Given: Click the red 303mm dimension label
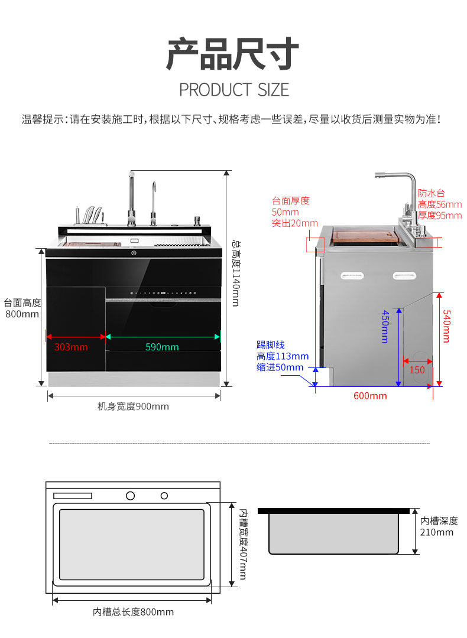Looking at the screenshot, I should point(71,347).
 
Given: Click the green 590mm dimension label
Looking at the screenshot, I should point(162,347).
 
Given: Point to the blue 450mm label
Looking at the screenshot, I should point(385,327).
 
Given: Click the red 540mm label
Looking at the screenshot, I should point(446,326).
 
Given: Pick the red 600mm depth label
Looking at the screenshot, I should point(370,395).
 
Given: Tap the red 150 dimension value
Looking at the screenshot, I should point(417,370).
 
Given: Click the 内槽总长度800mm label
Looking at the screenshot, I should point(133,612).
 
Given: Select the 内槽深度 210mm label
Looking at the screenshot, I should point(439,526).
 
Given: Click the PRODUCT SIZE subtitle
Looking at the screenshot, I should point(234,90).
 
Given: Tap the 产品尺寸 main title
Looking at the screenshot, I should point(233,54).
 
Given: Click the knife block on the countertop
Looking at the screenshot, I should point(89,216).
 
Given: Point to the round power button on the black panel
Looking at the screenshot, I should point(134,253).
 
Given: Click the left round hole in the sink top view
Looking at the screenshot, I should point(130,495).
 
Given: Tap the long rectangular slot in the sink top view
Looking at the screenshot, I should point(73,496).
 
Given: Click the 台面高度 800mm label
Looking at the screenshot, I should point(22,308).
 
